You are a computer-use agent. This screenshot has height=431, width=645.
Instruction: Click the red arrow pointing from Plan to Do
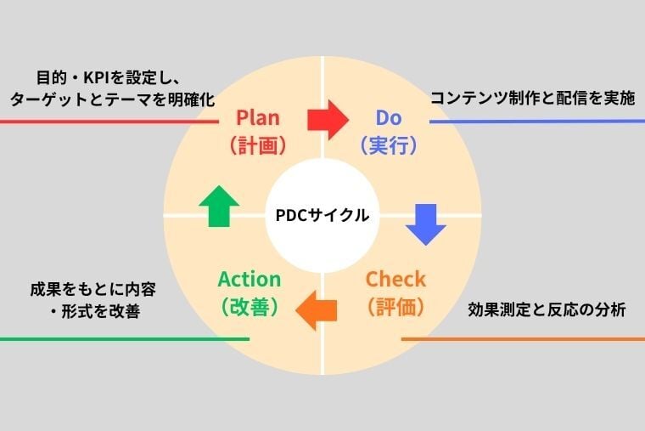(328, 119)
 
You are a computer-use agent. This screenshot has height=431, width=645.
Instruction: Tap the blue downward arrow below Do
(425, 224)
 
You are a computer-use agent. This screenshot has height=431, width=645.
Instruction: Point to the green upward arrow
(218, 206)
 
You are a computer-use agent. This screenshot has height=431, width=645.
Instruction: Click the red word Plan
(257, 117)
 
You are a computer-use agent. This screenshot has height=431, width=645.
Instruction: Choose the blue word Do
(390, 117)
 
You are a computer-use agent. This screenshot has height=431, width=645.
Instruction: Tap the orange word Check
(395, 280)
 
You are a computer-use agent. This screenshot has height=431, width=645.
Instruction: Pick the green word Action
(249, 280)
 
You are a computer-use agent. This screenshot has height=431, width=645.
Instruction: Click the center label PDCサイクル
(322, 216)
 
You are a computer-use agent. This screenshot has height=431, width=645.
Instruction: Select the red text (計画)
(257, 145)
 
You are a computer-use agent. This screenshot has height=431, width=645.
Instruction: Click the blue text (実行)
(390, 145)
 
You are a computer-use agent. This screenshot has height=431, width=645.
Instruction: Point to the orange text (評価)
(395, 307)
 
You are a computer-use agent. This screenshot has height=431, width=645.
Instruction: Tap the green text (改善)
(249, 307)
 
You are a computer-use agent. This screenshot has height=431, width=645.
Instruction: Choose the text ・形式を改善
(94, 311)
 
